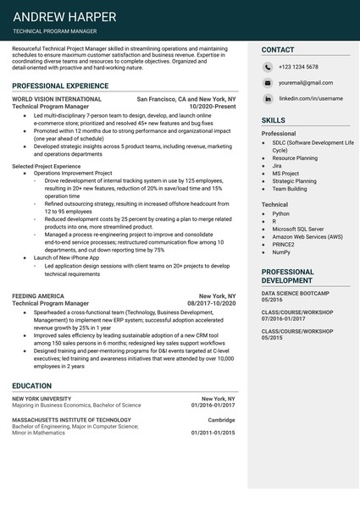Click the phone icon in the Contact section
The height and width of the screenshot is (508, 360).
click(x=268, y=67)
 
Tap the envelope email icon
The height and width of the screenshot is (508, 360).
click(x=268, y=83)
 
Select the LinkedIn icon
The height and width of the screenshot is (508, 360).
click(x=268, y=99)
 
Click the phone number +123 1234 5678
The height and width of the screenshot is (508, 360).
click(x=299, y=67)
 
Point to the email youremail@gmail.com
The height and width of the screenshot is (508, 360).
click(x=306, y=83)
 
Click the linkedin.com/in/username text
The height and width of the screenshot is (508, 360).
click(x=311, y=99)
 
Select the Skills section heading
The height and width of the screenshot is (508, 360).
click(x=274, y=121)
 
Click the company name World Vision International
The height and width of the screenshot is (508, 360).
click(x=57, y=99)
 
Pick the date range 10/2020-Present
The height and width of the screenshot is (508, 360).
click(x=213, y=108)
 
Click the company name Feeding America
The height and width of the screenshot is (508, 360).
click(x=38, y=296)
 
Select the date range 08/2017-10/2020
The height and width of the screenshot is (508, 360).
click(x=212, y=303)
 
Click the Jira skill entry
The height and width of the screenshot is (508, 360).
click(x=277, y=165)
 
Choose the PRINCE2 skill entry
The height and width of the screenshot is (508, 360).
click(x=284, y=244)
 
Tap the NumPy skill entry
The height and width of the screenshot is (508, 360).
click(x=281, y=251)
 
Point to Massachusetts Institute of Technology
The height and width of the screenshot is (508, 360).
click(x=72, y=420)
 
